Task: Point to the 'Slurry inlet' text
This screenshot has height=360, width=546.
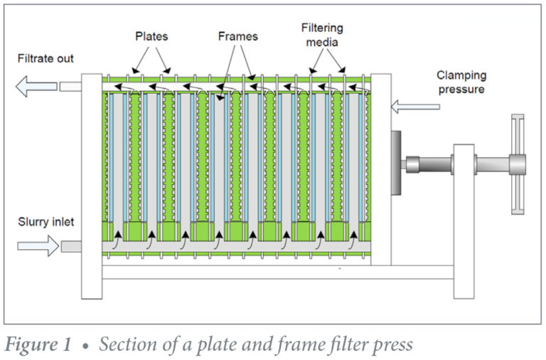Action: point(45,223)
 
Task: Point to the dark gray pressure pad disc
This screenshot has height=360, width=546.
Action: point(395,164)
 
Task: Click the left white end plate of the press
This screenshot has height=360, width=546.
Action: point(91,185)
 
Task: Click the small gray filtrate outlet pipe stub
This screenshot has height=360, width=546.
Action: point(70,87)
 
